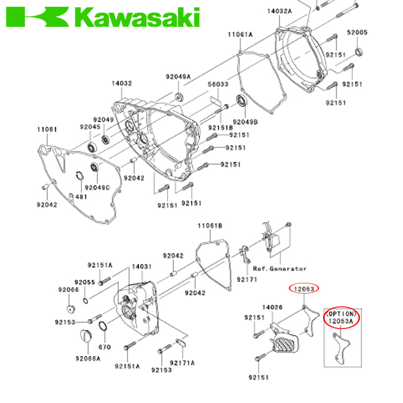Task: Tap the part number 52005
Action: coord(357,32)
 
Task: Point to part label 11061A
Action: coord(239,34)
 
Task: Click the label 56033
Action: coord(217,85)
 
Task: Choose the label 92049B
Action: coord(247,122)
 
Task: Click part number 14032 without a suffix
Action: coord(122,85)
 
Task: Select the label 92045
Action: coord(89,126)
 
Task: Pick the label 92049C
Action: coord(98,187)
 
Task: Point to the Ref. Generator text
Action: coord(279,269)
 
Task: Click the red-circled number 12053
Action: coord(304,289)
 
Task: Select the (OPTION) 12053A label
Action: coord(342,318)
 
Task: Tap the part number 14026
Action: coord(273,307)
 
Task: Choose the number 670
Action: coord(105,347)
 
